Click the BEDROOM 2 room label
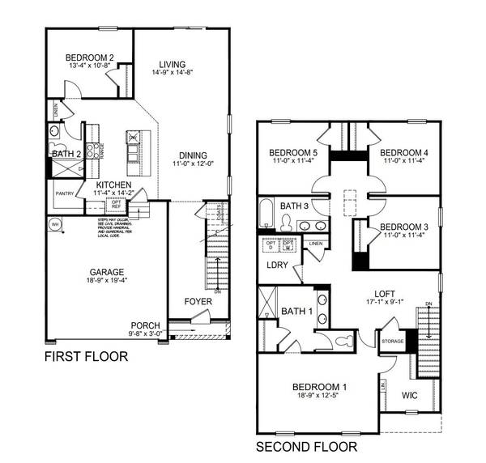tap(89, 57)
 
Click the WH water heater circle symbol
tap(55, 224)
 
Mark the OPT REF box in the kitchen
tap(116, 204)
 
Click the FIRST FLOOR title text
tap(86, 356)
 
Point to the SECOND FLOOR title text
tap(306, 446)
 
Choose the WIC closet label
tap(411, 396)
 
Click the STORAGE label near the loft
tap(392, 341)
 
